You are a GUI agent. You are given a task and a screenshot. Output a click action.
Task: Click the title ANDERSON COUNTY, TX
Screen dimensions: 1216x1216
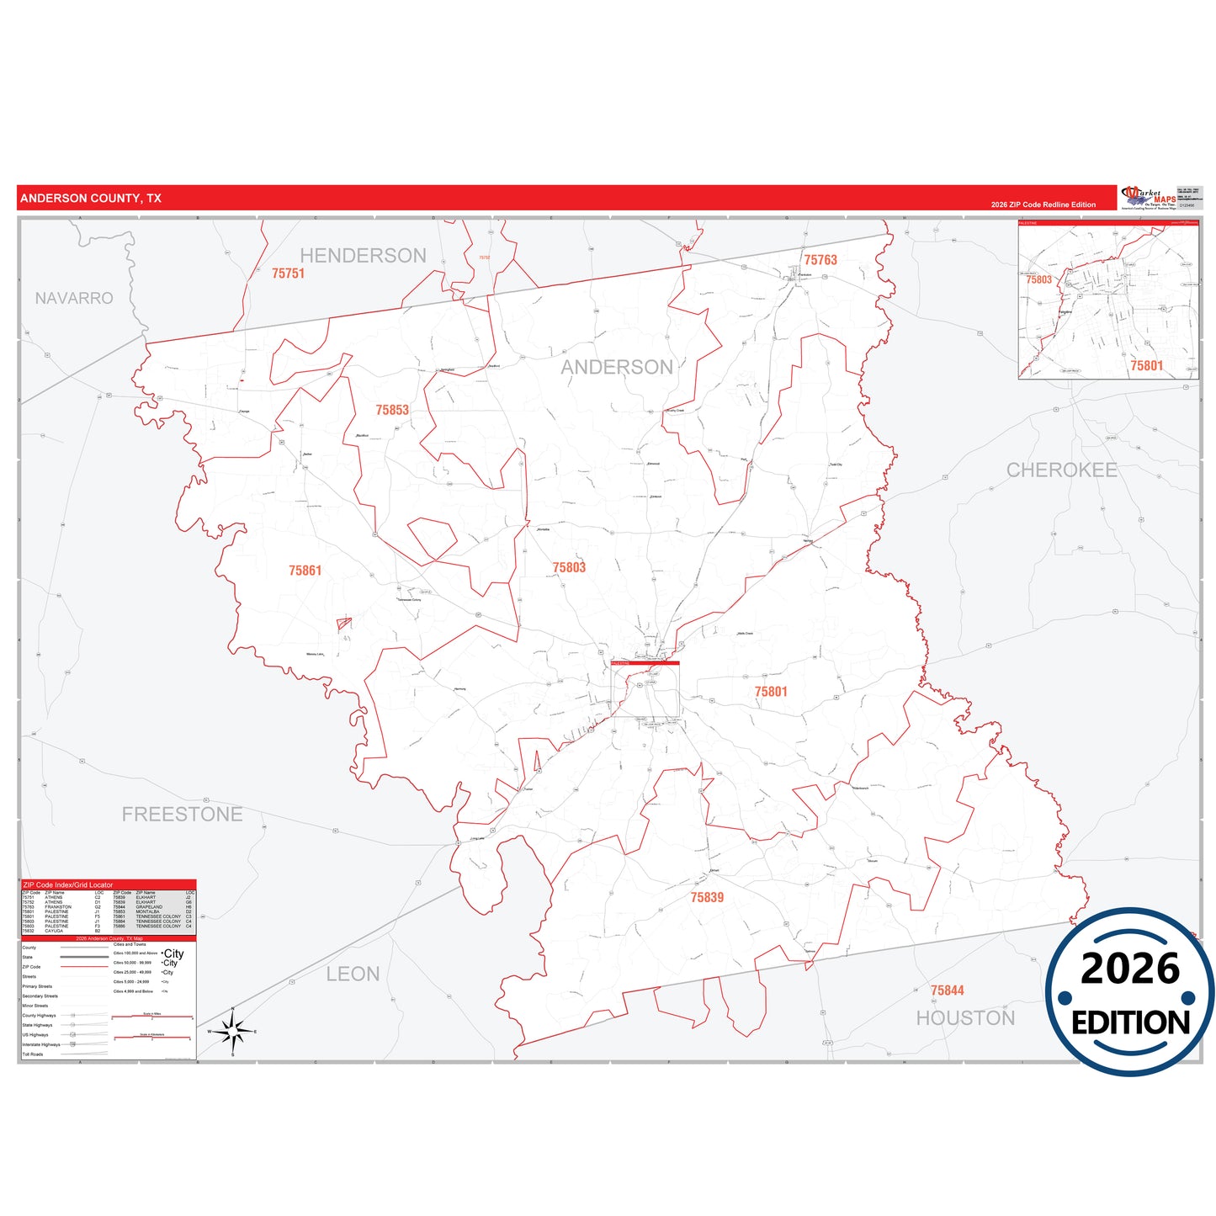90,199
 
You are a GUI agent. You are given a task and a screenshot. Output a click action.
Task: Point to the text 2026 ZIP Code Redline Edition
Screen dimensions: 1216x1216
1043,204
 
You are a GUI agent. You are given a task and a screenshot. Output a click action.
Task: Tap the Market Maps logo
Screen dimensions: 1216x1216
1149,198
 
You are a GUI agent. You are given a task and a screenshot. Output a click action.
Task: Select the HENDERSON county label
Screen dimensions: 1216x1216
363,256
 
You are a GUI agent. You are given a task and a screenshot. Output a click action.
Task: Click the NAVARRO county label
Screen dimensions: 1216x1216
74,299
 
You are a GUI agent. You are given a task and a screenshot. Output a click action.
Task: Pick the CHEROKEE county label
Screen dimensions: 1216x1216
1061,470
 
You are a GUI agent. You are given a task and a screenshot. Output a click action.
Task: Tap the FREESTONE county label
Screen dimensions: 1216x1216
182,815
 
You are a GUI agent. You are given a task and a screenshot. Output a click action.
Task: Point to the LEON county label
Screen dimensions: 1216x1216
353,974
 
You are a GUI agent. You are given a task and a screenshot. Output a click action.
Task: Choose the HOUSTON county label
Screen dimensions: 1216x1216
965,1018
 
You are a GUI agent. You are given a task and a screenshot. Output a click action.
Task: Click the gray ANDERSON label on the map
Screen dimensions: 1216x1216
617,368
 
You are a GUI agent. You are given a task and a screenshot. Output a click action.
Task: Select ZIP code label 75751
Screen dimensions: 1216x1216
288,273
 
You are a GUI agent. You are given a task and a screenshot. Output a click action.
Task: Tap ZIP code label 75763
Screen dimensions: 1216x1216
820,260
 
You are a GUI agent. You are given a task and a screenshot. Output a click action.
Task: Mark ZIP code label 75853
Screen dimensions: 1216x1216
392,411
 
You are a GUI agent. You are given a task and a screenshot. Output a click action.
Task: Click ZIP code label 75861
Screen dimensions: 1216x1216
305,571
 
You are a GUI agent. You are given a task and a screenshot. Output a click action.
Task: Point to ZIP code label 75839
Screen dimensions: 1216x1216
707,898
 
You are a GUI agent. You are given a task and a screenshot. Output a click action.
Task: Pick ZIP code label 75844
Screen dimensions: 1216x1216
947,991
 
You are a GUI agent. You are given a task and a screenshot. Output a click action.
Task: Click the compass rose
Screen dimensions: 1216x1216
233,1031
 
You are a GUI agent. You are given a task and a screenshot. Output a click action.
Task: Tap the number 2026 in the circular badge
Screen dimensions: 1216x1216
1129,969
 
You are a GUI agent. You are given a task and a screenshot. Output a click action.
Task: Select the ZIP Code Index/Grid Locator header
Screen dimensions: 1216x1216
68,885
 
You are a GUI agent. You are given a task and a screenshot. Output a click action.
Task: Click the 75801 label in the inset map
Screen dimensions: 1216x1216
1146,366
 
